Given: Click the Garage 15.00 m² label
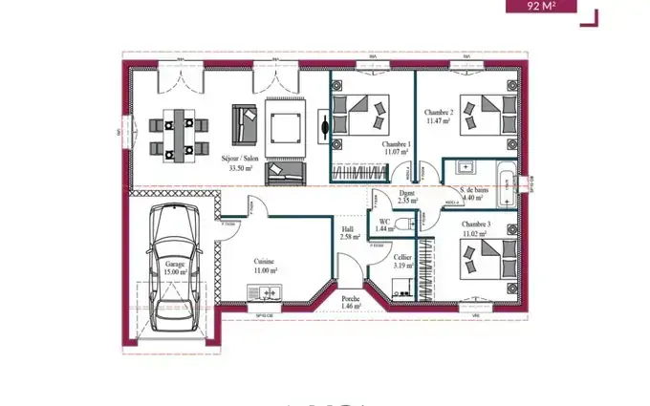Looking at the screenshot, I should (x=175, y=267).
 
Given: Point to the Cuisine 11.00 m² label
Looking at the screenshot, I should (x=265, y=265).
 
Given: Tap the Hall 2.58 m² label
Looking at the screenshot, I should (x=350, y=232).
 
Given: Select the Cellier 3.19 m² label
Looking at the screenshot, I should (x=402, y=261).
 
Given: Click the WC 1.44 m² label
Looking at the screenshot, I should (x=385, y=225).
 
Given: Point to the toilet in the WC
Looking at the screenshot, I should (x=408, y=224).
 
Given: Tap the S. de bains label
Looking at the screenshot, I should (x=475, y=194).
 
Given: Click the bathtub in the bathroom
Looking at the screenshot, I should (x=501, y=175).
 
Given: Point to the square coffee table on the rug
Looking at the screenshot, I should (x=284, y=127).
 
